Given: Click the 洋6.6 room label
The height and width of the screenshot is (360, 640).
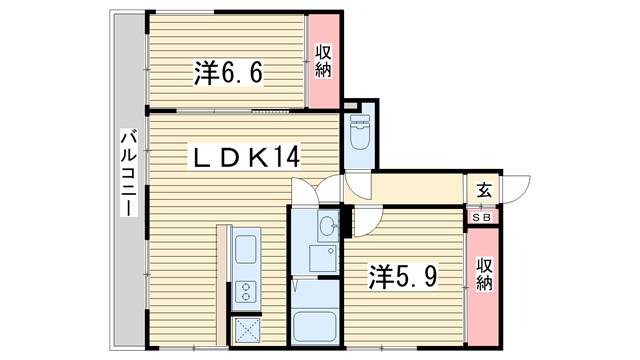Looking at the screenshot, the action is [228, 73].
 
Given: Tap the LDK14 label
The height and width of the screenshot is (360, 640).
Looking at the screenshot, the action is [245, 157].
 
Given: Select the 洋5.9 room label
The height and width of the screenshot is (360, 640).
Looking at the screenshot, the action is [403, 277].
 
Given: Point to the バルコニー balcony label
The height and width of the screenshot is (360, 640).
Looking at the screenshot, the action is [128, 172].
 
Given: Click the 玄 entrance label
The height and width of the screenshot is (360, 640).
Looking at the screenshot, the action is [484, 190].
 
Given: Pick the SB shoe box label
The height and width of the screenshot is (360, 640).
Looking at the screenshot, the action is [482, 218].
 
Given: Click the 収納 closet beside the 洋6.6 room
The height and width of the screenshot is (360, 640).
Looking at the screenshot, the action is [323, 61].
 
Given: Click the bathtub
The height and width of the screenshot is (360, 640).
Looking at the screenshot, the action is [314, 327].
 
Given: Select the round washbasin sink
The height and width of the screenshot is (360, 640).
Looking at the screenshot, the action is [328, 225].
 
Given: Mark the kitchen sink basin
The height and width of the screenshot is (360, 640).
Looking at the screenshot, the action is [246, 249].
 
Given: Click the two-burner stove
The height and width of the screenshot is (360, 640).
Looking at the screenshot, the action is [246, 291].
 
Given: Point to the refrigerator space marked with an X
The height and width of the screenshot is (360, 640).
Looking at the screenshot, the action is [248, 330].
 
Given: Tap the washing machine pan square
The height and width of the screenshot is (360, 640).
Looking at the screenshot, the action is [322, 258].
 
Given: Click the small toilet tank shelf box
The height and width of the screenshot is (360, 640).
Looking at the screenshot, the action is [350, 106].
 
